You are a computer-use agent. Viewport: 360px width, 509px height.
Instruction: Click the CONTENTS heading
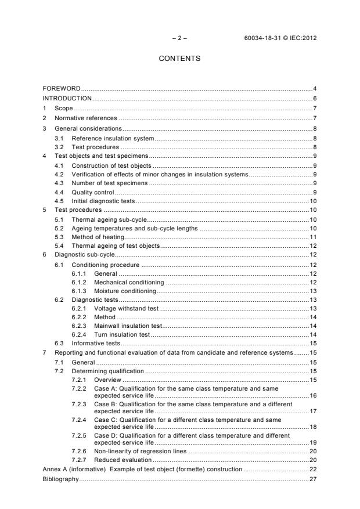click(179, 59)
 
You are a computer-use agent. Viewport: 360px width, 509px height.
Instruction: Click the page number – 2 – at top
click(179, 38)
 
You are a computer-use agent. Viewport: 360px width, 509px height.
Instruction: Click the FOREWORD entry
click(62, 88)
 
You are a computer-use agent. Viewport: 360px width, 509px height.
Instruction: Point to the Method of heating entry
click(98, 237)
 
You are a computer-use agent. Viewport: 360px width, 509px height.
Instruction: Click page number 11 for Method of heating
click(312, 237)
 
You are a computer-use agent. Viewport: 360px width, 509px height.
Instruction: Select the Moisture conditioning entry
click(125, 291)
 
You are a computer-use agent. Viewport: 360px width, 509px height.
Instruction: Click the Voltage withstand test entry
click(126, 309)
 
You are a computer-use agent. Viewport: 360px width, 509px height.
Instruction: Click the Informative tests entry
click(96, 344)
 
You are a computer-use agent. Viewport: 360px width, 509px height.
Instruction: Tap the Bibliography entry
click(60, 480)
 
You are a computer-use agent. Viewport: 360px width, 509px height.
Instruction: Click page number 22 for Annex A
click(312, 469)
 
